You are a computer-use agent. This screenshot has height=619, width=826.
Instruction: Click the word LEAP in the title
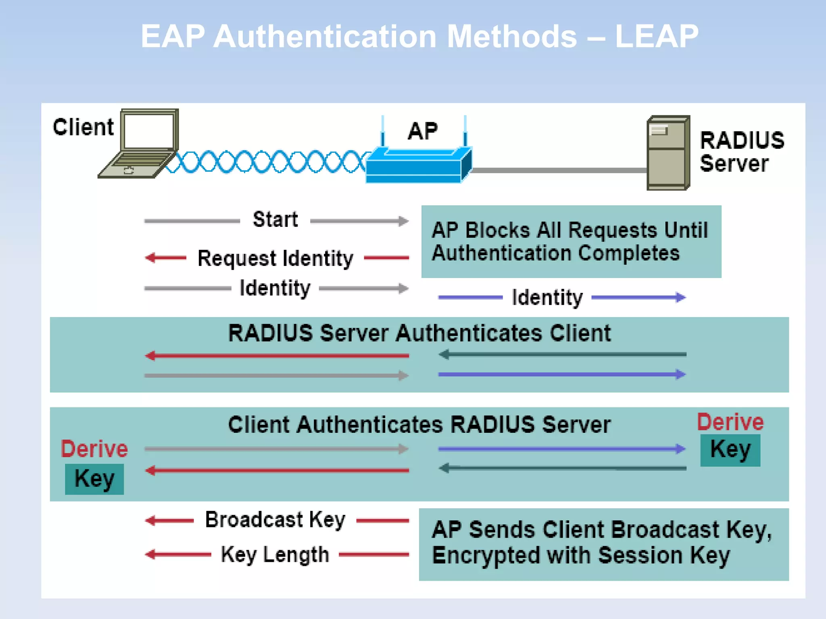pyautogui.click(x=657, y=37)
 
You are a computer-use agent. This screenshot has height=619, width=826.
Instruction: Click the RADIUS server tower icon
pyautogui.click(x=667, y=153)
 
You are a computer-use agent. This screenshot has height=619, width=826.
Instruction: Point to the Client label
pyautogui.click(x=83, y=127)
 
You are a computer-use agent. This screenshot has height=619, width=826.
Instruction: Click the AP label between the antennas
pyautogui.click(x=422, y=131)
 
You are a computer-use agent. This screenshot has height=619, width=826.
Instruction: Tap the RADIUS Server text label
pyautogui.click(x=741, y=152)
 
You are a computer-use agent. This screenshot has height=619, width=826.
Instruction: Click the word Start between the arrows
pyautogui.click(x=275, y=220)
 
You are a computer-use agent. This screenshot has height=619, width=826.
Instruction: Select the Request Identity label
pyautogui.click(x=275, y=258)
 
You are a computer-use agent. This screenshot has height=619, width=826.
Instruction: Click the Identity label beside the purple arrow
pyautogui.click(x=547, y=297)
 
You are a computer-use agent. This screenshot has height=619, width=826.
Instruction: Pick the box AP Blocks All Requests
pyautogui.click(x=571, y=241)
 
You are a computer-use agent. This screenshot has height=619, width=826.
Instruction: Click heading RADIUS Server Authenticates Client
pyautogui.click(x=419, y=333)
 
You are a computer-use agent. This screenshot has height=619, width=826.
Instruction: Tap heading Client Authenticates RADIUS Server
pyautogui.click(x=419, y=424)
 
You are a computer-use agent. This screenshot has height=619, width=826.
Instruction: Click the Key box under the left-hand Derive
pyautogui.click(x=94, y=479)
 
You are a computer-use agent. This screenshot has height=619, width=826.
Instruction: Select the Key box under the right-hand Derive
pyautogui.click(x=730, y=450)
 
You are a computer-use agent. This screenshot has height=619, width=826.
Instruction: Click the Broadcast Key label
pyautogui.click(x=275, y=519)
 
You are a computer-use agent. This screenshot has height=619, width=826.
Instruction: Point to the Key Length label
pyautogui.click(x=275, y=554)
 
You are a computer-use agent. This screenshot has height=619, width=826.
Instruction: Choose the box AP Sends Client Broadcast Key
pyautogui.click(x=603, y=544)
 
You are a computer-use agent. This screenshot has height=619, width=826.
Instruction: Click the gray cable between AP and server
pyautogui.click(x=559, y=170)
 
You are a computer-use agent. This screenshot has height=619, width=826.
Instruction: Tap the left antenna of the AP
pyautogui.click(x=383, y=131)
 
